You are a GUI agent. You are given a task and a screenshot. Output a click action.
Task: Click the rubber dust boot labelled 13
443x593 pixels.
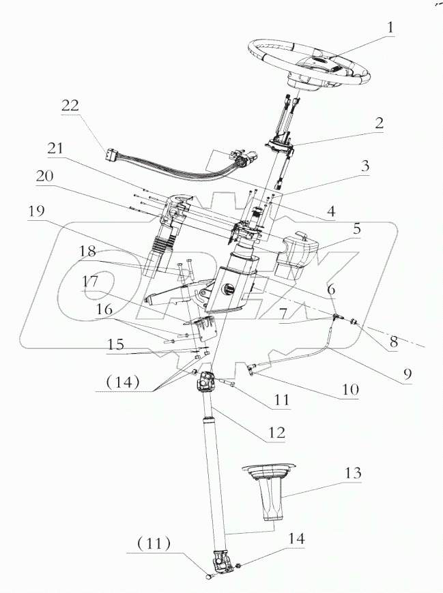(270, 494)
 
